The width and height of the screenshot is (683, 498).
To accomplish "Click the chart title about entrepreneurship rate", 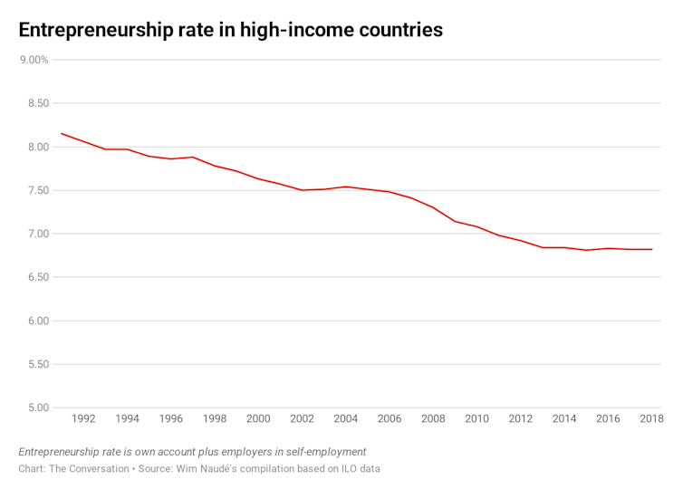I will tap(230, 29).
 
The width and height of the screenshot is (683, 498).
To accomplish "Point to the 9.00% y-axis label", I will tap(34, 60).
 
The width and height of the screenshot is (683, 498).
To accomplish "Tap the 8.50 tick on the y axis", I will tap(36, 103).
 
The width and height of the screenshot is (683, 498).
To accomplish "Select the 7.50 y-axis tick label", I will tap(36, 190).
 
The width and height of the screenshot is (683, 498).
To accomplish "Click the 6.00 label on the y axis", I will tap(36, 321).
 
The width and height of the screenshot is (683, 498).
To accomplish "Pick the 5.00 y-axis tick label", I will tap(36, 407).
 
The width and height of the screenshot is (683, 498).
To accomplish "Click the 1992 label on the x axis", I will tap(83, 419).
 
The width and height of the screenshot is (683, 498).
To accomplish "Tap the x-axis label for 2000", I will tap(258, 419).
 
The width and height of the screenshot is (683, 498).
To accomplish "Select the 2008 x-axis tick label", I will tap(433, 419).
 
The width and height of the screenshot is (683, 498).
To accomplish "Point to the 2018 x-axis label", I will tap(651, 419).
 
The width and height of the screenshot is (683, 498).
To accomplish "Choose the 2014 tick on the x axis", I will tap(564, 419).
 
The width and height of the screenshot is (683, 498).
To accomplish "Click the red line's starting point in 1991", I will tap(62, 133).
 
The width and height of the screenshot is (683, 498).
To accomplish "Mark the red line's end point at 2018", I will tap(651, 249).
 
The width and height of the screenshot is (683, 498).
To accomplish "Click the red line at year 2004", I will tap(345, 187).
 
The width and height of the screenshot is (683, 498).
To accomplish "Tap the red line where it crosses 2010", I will tap(476, 226).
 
